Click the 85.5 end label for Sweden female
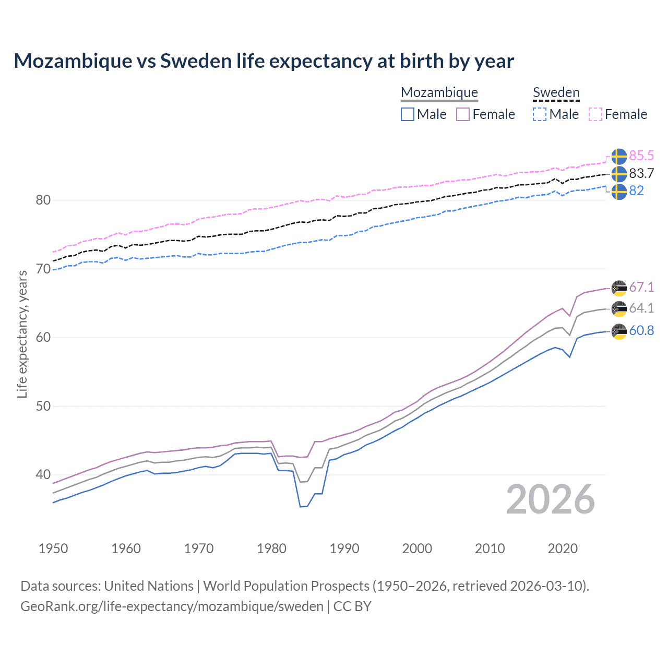point(641,156)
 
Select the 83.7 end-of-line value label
point(641,173)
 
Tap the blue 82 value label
point(636,191)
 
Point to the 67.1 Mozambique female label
point(641,288)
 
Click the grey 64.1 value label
point(641,308)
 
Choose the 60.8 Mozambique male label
point(641,331)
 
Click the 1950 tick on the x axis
point(53,548)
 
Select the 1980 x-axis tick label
point(271,548)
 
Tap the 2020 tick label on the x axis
point(563,548)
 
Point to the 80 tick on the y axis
point(43,200)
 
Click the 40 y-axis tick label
point(43,475)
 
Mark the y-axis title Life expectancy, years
point(22,334)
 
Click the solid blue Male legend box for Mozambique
point(408,114)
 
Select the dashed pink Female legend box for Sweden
point(595,114)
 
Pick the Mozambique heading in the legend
point(439,93)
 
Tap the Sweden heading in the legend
point(556,93)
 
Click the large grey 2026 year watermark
point(551,499)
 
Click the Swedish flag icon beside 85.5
point(619,157)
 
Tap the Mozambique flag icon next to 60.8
point(619,331)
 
